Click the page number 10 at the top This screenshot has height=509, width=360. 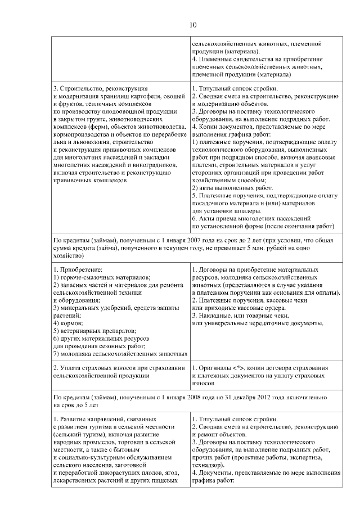coord(193,25)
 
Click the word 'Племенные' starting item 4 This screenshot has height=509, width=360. coord(219,58)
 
